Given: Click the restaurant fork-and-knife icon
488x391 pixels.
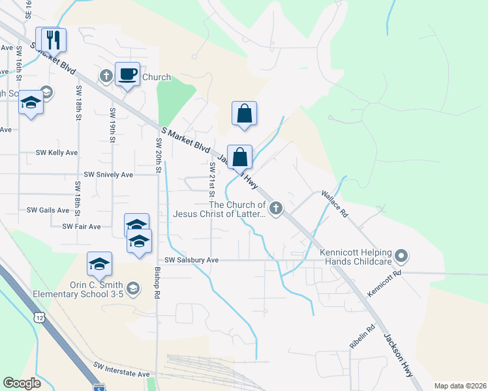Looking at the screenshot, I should click(x=54, y=40).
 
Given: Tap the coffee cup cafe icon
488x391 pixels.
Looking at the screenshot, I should click(x=127, y=74).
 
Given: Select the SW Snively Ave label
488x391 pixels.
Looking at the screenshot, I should click(x=108, y=175).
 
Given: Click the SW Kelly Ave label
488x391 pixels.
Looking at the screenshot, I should click(x=57, y=152).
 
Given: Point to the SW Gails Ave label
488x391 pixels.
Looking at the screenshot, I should click(x=48, y=210).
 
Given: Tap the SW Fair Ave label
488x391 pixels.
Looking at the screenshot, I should click(x=82, y=226).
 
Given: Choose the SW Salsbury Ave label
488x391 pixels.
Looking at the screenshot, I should click(x=191, y=259).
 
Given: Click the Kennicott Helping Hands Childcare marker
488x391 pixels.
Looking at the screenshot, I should click(x=401, y=257).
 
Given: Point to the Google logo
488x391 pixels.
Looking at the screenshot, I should click(x=22, y=383).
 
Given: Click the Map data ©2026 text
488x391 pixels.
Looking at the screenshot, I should click(x=459, y=386).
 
